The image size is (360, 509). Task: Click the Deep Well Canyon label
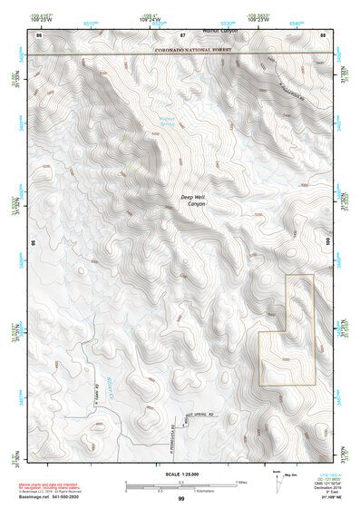(x=192, y=202)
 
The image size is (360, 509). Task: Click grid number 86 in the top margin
(x=39, y=34)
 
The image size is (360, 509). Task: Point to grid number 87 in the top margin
(x=182, y=34)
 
